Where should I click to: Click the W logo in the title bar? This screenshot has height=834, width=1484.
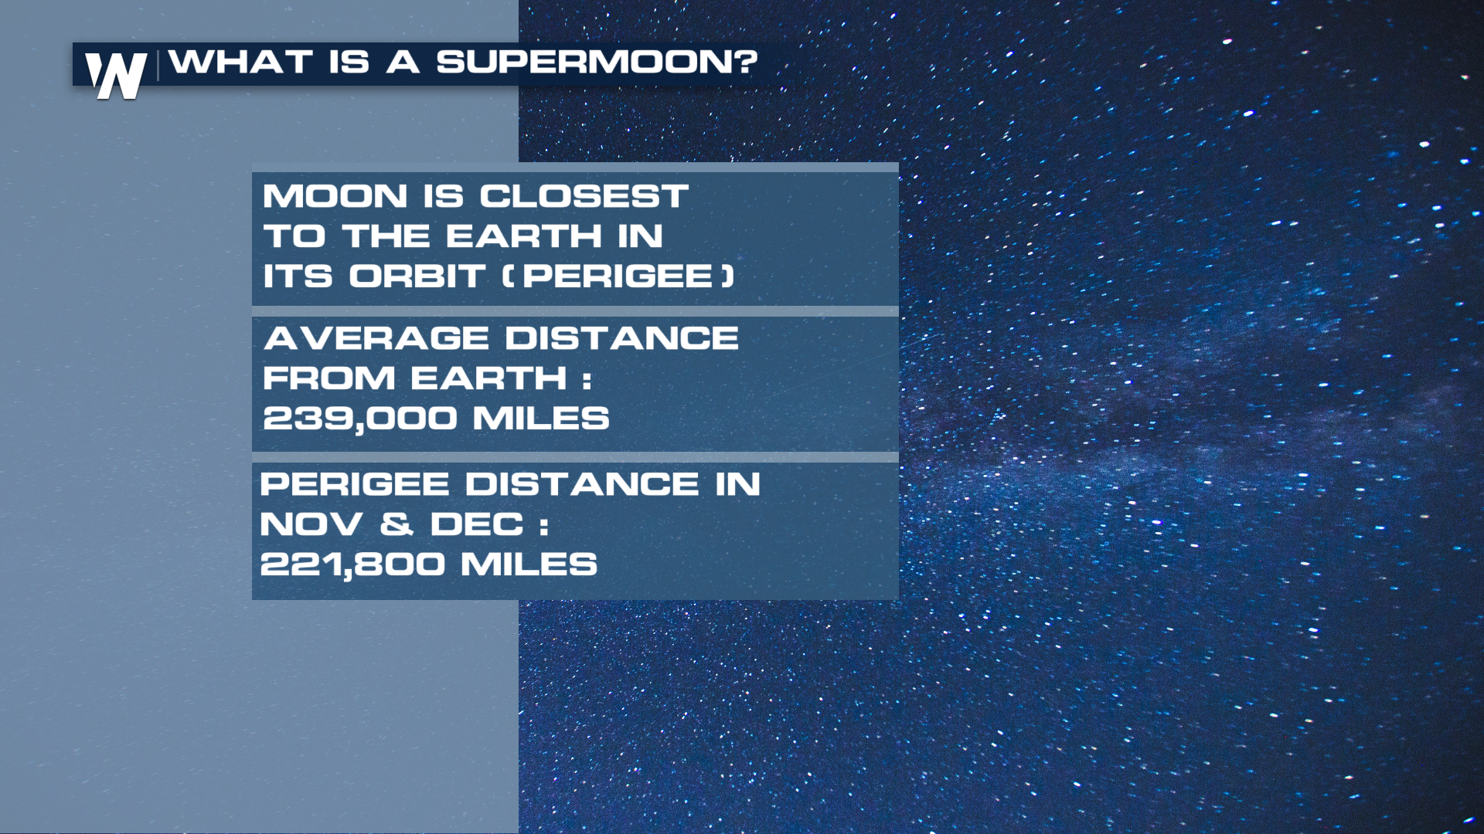click(x=116, y=76)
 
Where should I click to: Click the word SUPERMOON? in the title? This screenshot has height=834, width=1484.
click(x=597, y=62)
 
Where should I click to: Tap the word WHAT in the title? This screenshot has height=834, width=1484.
click(x=241, y=62)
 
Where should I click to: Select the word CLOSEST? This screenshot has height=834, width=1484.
click(x=584, y=196)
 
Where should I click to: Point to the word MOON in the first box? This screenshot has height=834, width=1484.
click(x=335, y=196)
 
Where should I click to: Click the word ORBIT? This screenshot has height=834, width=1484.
click(x=417, y=276)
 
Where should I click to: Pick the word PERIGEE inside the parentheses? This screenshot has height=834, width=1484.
click(x=618, y=276)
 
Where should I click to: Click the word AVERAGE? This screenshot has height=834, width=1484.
click(x=376, y=338)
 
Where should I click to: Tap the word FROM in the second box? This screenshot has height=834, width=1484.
click(x=329, y=378)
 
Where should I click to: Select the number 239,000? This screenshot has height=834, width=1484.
click(x=360, y=419)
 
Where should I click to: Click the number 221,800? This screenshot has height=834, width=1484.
click(x=353, y=565)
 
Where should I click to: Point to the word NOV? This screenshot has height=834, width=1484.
click(x=311, y=525)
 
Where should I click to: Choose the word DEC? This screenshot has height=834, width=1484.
click(x=477, y=525)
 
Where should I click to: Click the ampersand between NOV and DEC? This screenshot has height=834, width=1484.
click(x=397, y=525)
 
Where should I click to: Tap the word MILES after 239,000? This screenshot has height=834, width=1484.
click(x=541, y=419)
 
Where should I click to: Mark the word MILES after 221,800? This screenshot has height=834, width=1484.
click(x=529, y=564)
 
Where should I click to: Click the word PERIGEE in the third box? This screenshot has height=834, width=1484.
click(x=355, y=485)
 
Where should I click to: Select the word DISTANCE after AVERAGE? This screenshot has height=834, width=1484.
click(x=622, y=338)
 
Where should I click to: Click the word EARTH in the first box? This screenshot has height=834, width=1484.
click(x=524, y=236)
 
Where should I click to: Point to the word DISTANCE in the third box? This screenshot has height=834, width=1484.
click(x=582, y=485)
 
